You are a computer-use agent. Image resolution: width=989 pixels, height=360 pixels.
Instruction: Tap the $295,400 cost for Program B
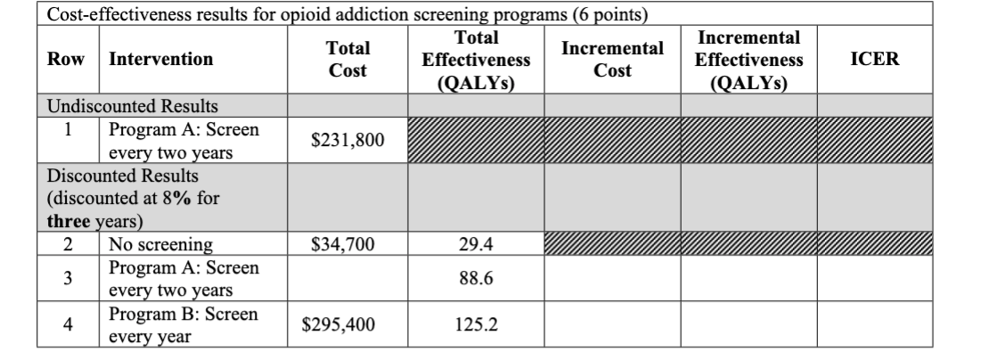click(347, 325)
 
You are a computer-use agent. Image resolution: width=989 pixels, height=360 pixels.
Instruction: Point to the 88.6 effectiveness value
click(476, 278)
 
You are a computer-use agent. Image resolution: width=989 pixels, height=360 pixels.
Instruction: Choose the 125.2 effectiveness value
click(476, 325)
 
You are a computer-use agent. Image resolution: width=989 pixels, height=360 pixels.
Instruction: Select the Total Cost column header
click(347, 60)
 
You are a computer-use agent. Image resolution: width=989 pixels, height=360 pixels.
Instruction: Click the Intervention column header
click(160, 60)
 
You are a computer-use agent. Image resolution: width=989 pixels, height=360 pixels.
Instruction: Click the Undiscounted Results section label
click(121, 107)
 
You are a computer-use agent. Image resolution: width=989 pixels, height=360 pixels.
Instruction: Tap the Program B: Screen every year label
click(183, 325)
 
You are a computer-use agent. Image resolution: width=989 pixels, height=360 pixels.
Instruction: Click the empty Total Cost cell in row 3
click(347, 278)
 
